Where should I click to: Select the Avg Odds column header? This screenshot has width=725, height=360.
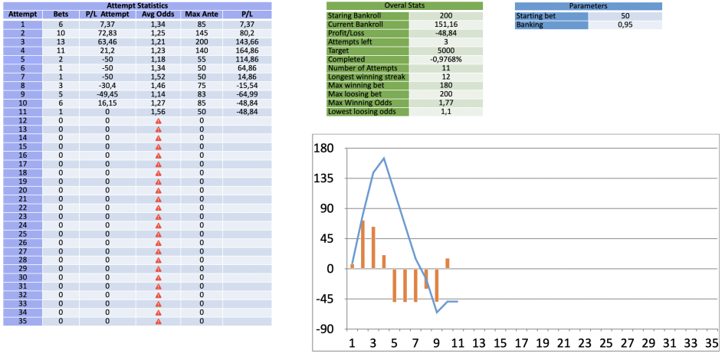pos(158,15)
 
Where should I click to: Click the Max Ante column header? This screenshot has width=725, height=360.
pos(202,15)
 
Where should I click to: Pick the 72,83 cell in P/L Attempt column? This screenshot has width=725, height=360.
pos(107,32)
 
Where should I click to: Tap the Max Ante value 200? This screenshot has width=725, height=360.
pos(202,41)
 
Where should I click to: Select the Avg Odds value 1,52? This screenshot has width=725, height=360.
pos(158,76)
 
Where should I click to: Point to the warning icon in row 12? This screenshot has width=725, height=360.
pos(158,120)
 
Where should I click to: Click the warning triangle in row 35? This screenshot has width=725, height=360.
pos(158,321)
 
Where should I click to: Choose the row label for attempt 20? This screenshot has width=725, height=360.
pos(23,191)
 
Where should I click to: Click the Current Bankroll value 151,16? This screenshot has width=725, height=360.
pos(446,25)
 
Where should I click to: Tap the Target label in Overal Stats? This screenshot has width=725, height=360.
pos(339,51)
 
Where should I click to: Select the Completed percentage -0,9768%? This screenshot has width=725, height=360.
pos(446,60)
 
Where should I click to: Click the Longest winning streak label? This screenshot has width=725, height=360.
pos(367,77)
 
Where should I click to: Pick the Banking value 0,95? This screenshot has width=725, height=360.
pos(625,25)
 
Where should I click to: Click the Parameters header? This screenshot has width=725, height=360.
pos(588,6)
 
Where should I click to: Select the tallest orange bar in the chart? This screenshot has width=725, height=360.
pos(363,244)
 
